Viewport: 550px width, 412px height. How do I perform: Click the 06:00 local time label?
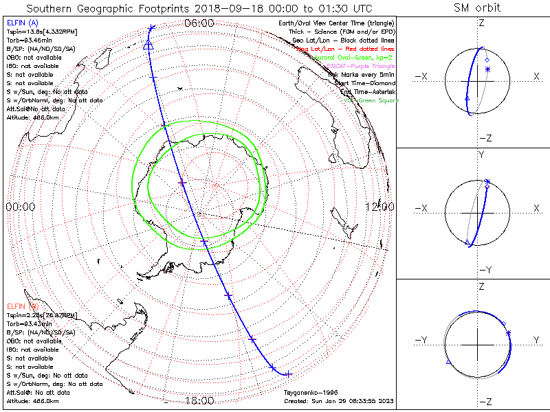point(199,23)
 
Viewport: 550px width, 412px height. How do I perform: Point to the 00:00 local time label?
point(20,207)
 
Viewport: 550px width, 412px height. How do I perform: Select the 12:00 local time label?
point(379,207)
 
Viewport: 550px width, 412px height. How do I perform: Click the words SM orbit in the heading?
point(477,8)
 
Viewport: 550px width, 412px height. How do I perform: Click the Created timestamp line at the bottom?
point(339,400)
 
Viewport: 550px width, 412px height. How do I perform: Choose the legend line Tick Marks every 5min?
point(362,74)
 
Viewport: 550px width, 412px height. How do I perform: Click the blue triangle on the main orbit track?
point(148,45)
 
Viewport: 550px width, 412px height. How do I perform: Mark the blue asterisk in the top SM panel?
point(487,69)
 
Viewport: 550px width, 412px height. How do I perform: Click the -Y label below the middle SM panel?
point(482,269)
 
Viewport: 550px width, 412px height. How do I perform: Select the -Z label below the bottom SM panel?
point(485,401)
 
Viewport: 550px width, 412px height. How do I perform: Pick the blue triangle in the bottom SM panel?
point(449,360)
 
